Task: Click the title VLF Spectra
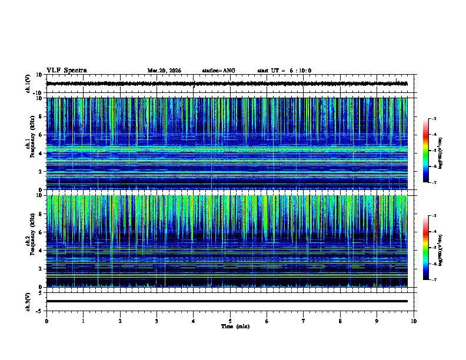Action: [66, 71]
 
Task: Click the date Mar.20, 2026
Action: [164, 71]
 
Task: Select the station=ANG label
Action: [218, 71]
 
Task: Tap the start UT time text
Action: [284, 71]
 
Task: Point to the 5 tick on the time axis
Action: [230, 321]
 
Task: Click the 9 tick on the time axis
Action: [377, 321]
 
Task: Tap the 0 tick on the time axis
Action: [46, 321]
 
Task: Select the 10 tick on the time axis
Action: [414, 321]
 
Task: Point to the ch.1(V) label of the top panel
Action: [28, 84]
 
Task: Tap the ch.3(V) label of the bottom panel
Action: [28, 301]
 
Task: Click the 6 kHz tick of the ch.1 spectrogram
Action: [41, 135]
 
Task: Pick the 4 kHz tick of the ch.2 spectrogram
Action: [41, 251]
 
